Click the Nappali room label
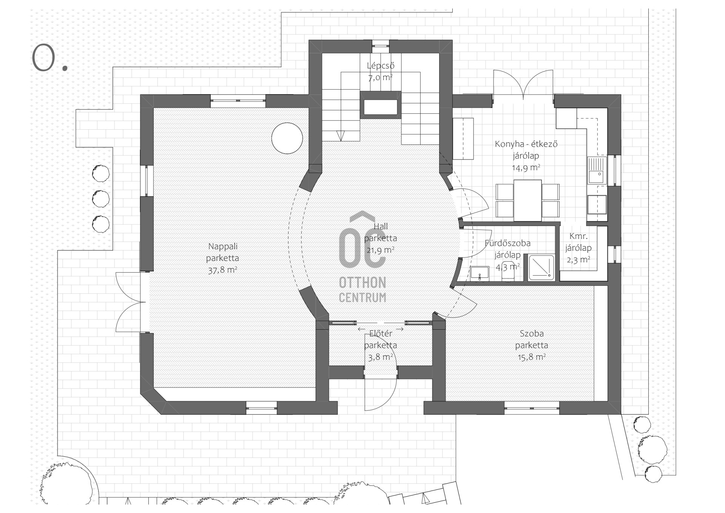pos(223,247)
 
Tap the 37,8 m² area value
pos(222,270)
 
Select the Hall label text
pos(381,227)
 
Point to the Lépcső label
pos(381,66)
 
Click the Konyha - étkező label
pos(526,144)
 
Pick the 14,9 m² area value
pos(526,168)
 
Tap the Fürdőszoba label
pos(507,243)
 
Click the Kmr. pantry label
pos(578,237)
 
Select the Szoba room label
pos(532,334)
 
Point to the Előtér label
pos(381,334)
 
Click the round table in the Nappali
pos(287,138)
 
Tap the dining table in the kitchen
pos(528,201)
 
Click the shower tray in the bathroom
pos(541,268)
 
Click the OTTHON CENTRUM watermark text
pos(362,290)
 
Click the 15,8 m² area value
pos(532,357)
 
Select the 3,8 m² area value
pos(381,357)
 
